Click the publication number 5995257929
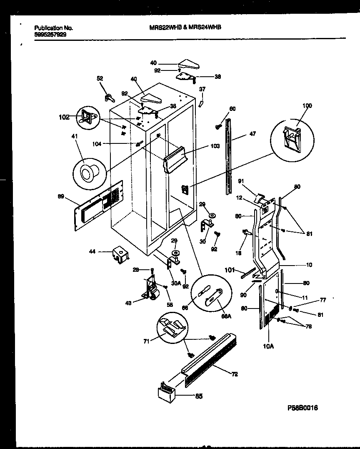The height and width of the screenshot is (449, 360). point(50,35)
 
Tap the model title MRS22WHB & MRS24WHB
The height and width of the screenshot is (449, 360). point(185,27)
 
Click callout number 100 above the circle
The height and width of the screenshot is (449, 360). point(307,106)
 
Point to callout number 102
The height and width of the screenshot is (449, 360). point(64,118)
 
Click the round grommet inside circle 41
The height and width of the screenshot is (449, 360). point(88,172)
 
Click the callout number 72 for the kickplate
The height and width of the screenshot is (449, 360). point(234,374)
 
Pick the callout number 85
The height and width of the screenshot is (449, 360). point(199,396)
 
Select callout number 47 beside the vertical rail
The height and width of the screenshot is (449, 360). point(252,134)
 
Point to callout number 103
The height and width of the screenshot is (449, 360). point(215,147)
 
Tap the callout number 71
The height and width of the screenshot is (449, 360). point(145,341)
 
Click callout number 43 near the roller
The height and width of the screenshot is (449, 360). point(129,303)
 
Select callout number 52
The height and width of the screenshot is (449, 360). point(100,78)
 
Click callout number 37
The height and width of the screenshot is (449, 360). point(202,89)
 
